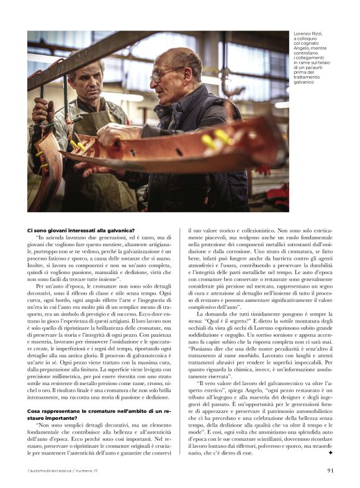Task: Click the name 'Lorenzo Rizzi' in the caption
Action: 308,33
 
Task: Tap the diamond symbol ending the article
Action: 331,453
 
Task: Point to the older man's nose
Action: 155,81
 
